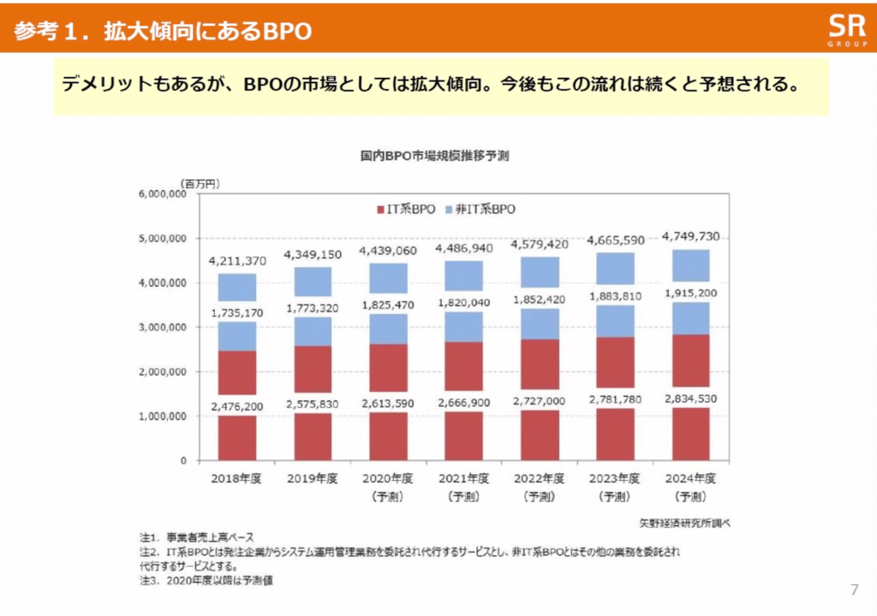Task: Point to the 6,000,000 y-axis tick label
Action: pyautogui.click(x=162, y=194)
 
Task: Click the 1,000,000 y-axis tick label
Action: pyautogui.click(x=162, y=417)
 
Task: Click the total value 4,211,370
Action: pyautogui.click(x=237, y=260)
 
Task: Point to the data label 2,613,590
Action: pyautogui.click(x=388, y=404)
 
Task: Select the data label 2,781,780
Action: pyautogui.click(x=614, y=400)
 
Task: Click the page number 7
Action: pyautogui.click(x=854, y=589)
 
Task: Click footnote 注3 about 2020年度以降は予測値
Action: pyautogui.click(x=206, y=581)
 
